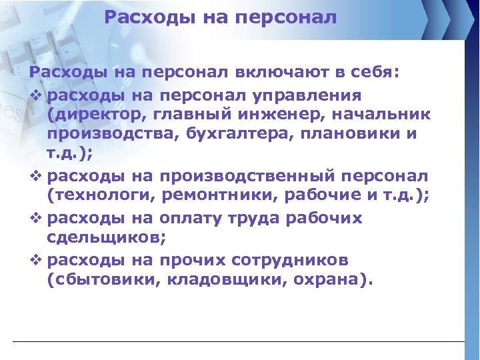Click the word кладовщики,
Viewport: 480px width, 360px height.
point(222,279)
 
